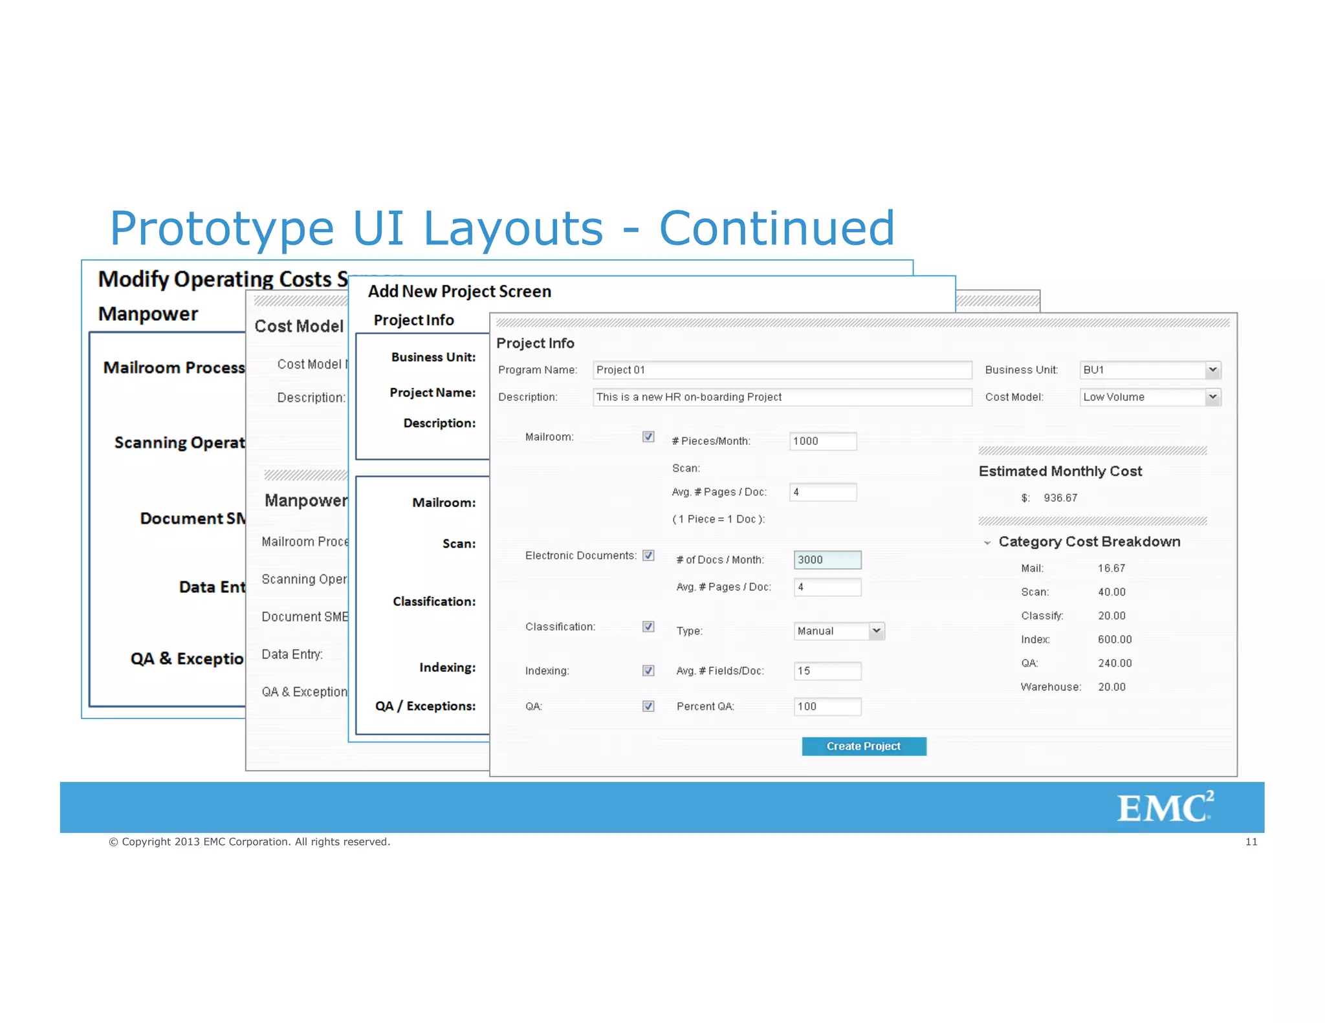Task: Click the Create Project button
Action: click(863, 746)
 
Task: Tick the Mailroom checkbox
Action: click(648, 437)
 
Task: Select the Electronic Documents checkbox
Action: click(648, 555)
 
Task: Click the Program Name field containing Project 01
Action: click(782, 370)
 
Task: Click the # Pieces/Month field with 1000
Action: click(822, 441)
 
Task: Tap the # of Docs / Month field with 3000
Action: click(827, 560)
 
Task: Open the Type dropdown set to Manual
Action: click(838, 631)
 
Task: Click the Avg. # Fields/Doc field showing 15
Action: click(827, 671)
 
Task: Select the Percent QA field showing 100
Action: click(827, 707)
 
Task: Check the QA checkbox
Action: click(648, 706)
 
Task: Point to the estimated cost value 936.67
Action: click(1060, 498)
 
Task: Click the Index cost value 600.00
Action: click(1115, 640)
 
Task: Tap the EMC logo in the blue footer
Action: click(1165, 807)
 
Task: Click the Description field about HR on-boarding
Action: click(782, 397)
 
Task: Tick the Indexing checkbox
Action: click(648, 671)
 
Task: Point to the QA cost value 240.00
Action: click(1115, 663)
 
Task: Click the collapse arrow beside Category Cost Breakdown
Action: click(987, 543)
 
